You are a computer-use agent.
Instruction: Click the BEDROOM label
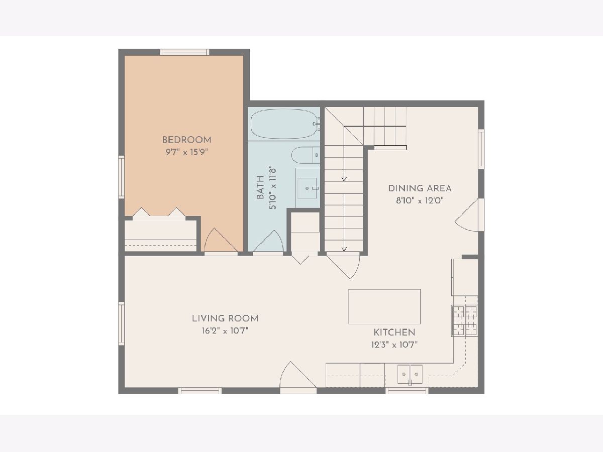[x=186, y=140]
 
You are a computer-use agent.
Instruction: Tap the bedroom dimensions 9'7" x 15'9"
[x=186, y=152]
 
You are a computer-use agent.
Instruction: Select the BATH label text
[x=260, y=187]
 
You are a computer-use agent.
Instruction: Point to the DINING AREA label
[x=420, y=188]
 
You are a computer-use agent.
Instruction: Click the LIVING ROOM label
[x=225, y=318]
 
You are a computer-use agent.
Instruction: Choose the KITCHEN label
[x=394, y=332]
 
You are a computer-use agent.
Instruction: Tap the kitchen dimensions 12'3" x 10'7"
[x=394, y=345]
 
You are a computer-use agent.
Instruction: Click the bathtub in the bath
[x=284, y=124]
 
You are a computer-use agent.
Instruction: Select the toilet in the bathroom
[x=306, y=155]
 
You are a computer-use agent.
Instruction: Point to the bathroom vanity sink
[x=308, y=188]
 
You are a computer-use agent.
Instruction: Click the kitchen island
[x=384, y=307]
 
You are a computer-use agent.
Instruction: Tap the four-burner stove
[x=465, y=321]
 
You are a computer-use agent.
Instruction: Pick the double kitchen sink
[x=410, y=374]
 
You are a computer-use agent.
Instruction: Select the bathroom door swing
[x=268, y=241]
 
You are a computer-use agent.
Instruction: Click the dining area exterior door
[x=469, y=215]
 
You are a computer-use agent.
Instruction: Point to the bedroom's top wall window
[x=184, y=52]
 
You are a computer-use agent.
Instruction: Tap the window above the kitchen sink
[x=407, y=391]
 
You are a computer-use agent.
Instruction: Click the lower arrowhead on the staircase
[x=344, y=249]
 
